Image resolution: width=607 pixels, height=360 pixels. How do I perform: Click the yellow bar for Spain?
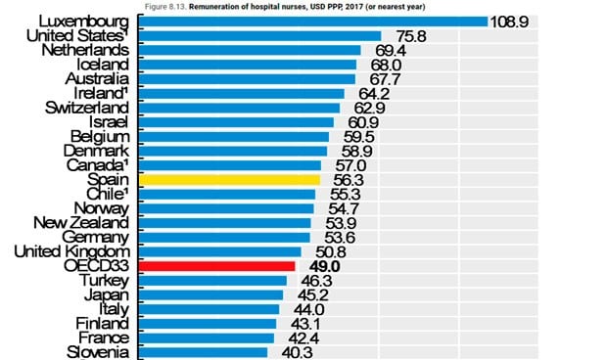coord(229,180)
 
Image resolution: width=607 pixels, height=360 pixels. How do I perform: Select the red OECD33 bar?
coord(217,265)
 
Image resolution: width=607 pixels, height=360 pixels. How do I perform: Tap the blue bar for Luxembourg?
coord(313,22)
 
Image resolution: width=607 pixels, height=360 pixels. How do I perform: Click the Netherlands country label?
coord(85,50)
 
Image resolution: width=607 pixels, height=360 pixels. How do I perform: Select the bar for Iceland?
coord(248,65)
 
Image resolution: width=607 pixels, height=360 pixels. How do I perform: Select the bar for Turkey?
coord(212,280)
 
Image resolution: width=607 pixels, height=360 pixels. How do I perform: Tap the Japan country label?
coord(104,293)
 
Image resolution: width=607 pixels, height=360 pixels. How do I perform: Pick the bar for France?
coord(207,337)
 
